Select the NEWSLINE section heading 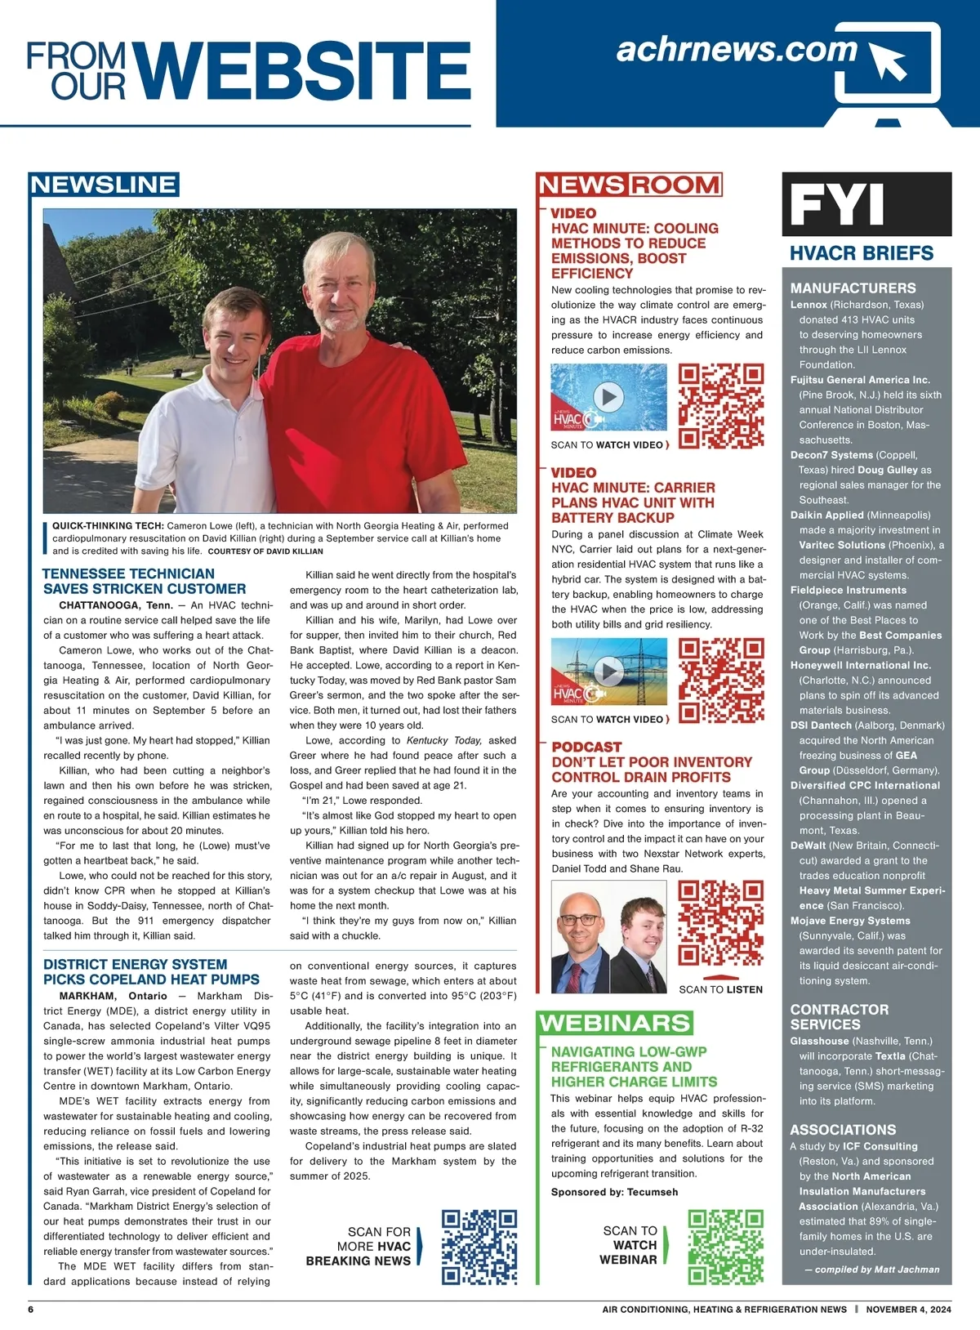104,185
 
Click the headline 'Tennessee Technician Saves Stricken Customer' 144,581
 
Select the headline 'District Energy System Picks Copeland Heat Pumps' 151,971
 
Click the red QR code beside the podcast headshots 721,922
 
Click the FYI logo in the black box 838,205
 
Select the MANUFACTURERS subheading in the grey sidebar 853,288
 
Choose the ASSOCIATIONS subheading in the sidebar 843,1130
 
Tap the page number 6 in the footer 31,1310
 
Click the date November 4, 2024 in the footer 908,1310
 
